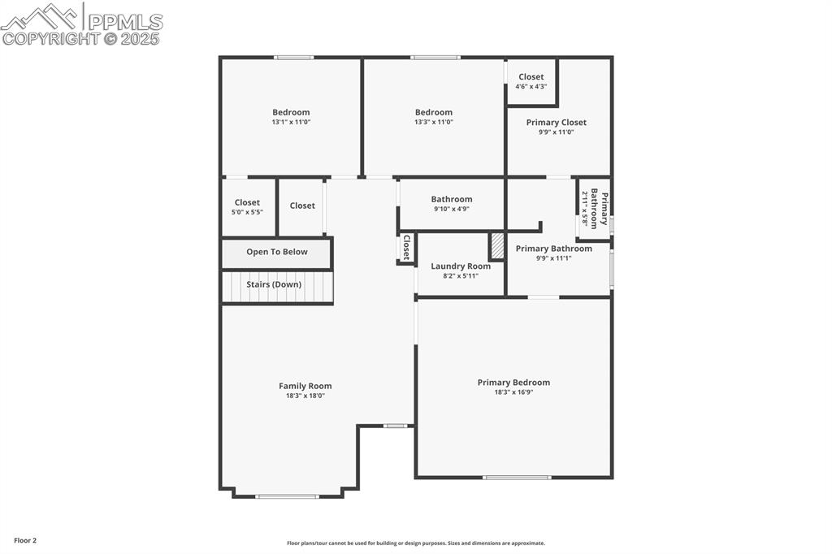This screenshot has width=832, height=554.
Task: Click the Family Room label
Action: click(x=305, y=386)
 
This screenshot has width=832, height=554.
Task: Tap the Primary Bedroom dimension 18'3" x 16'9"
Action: click(x=513, y=392)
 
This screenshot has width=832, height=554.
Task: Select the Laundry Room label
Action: click(x=461, y=266)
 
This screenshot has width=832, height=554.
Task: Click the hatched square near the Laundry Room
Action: click(x=496, y=246)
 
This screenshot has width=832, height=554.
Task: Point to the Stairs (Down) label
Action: click(x=274, y=284)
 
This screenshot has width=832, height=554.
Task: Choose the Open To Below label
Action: click(x=277, y=252)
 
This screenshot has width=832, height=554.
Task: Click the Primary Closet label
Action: click(x=556, y=123)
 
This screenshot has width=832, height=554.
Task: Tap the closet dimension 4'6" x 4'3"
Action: click(x=531, y=86)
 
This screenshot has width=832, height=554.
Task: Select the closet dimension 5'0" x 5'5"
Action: click(x=247, y=212)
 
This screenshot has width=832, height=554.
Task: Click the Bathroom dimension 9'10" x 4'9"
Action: click(x=452, y=209)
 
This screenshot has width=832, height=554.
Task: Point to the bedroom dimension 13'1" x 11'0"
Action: click(x=291, y=122)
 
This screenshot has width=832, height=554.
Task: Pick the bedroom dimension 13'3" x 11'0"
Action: click(x=434, y=122)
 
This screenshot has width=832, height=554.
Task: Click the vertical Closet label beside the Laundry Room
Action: click(x=406, y=247)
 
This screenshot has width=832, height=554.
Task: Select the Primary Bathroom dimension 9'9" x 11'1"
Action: click(x=554, y=258)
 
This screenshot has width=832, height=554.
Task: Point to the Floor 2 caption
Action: click(x=25, y=540)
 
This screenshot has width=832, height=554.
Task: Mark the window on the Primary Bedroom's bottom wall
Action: click(x=517, y=477)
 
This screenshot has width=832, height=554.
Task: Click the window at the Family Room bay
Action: click(x=288, y=496)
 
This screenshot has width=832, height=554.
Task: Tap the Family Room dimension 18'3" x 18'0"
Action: click(x=305, y=396)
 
